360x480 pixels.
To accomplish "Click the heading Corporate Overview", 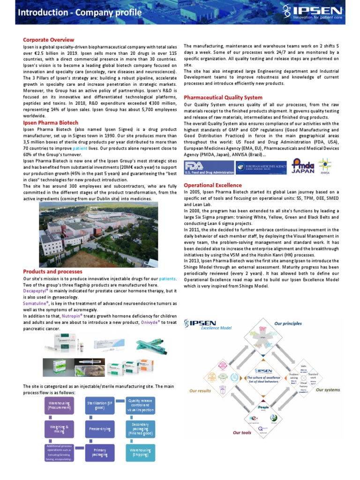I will (49, 40).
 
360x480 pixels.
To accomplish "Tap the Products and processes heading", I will (52, 271).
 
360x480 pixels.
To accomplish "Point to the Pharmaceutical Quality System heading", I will (223, 97).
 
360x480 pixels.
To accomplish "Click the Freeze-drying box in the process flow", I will (99, 428).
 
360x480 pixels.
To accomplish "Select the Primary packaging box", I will (99, 453).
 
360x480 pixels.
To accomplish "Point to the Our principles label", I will (288, 323).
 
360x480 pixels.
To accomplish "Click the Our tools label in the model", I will (242, 433).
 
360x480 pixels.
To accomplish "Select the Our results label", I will (200, 390).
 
